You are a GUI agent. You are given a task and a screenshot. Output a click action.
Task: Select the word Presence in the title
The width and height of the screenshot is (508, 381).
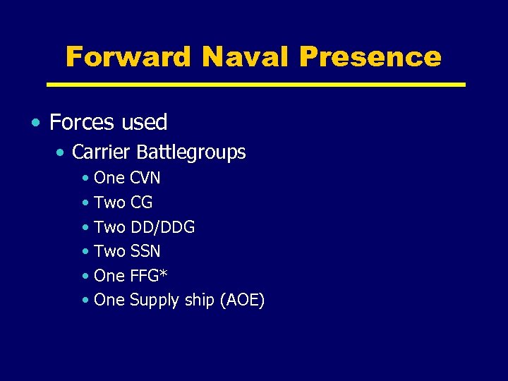(x=370, y=56)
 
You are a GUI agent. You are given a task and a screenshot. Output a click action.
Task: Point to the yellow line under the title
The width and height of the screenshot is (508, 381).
(x=255, y=84)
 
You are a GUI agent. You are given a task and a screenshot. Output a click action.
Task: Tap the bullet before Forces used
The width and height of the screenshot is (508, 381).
(x=36, y=122)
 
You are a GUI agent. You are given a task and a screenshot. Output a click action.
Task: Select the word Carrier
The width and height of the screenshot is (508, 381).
(x=102, y=152)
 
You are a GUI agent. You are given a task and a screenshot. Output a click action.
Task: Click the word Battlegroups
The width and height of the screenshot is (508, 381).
(x=191, y=152)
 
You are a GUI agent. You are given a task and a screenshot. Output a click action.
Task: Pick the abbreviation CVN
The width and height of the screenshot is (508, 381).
(x=145, y=177)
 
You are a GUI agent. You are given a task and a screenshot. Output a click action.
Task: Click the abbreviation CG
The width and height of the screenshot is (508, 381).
(x=141, y=202)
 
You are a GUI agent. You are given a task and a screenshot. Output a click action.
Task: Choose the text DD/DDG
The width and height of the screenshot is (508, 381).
(x=162, y=227)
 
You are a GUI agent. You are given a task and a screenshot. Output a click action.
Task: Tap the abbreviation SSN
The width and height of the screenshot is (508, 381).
(x=145, y=251)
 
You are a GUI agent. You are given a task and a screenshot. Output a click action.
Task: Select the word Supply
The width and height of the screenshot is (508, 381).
(x=155, y=301)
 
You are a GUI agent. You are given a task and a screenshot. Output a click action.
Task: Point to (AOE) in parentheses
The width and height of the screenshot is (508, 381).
(x=242, y=300)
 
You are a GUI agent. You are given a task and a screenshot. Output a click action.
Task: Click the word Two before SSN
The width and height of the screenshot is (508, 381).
(x=109, y=251)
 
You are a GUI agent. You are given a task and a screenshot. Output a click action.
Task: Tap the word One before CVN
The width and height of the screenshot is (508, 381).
(x=109, y=177)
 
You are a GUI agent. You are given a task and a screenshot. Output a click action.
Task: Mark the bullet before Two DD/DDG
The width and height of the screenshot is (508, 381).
(x=85, y=228)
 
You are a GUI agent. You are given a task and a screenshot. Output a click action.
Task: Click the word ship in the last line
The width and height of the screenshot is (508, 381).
(x=201, y=300)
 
